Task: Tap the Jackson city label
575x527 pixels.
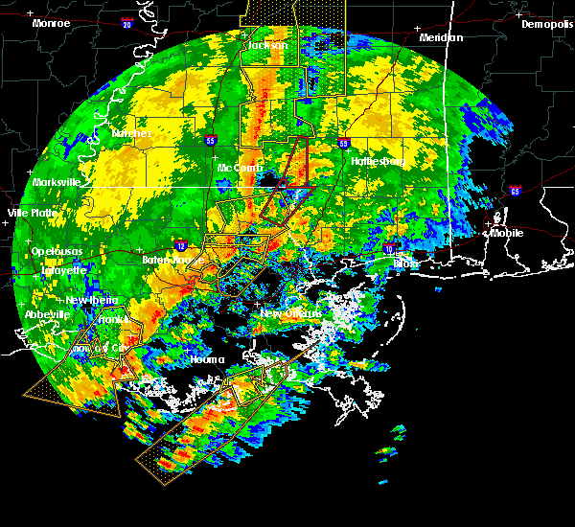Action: pos(267,45)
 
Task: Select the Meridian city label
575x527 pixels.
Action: pos(441,37)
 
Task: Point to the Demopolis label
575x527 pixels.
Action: pos(546,24)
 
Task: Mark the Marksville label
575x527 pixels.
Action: pos(56,182)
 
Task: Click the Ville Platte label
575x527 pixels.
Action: pos(31,213)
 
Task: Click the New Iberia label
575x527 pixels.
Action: pos(93,300)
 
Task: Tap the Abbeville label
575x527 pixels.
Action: pos(47,314)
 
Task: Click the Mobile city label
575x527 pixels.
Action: pos(508,232)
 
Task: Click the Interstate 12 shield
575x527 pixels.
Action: pos(181,245)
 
